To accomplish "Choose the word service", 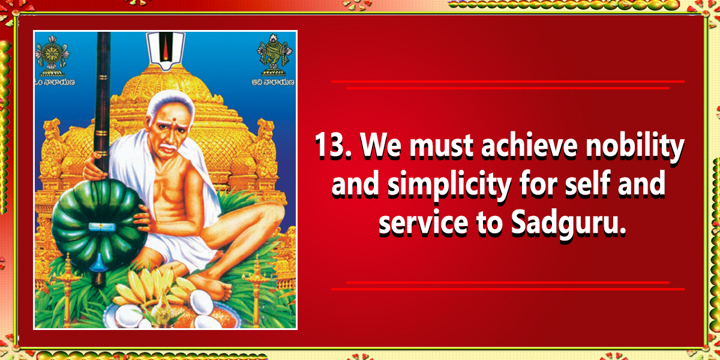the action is [423, 223].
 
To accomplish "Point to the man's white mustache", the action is [169, 147].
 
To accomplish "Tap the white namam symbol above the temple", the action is [166, 50].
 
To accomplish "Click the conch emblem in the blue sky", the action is [274, 55].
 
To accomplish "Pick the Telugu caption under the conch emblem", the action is [273, 83].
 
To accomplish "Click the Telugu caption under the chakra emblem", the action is [55, 82].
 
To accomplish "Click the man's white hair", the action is [170, 100].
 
